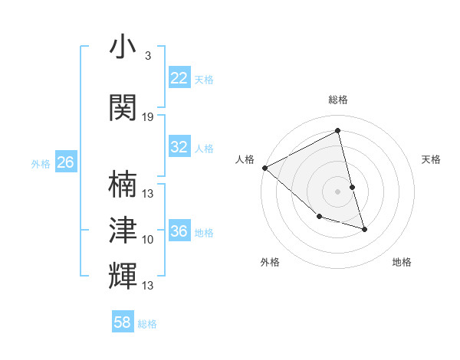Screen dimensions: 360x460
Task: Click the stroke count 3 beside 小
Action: pos(148,56)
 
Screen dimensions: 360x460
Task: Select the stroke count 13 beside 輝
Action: pos(148,286)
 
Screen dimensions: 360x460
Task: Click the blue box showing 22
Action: pos(179,78)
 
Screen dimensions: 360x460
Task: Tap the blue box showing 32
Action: pos(179,147)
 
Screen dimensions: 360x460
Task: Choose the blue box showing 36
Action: pos(179,231)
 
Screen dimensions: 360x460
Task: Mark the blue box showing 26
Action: pos(65,162)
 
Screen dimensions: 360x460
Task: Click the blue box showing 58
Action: pos(123,322)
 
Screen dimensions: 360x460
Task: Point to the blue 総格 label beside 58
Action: pos(147,324)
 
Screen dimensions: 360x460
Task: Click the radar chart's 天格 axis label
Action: pos(432,159)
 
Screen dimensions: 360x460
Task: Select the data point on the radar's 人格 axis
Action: pos(264,168)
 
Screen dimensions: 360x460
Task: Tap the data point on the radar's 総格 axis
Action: pos(337,131)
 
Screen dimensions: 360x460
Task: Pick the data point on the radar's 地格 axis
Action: pos(364,228)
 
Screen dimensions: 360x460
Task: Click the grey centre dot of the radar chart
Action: pos(337,191)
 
